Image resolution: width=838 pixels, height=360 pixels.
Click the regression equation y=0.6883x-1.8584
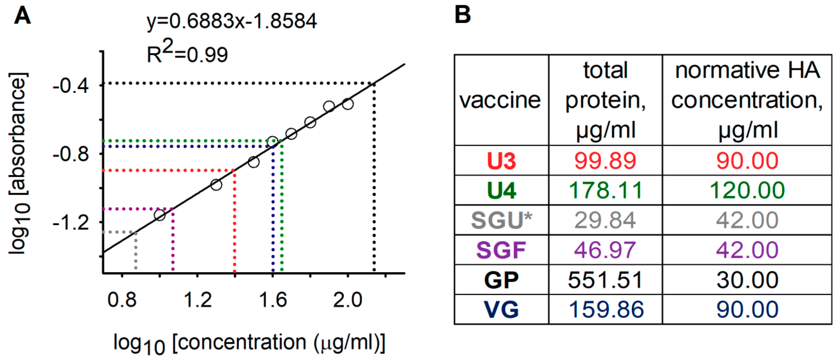232,21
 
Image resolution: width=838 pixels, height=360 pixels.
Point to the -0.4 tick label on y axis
71,86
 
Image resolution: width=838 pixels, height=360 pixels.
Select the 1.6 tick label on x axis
273,300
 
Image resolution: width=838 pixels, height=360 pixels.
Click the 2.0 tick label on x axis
348,300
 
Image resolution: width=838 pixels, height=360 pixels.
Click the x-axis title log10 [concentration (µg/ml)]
249,344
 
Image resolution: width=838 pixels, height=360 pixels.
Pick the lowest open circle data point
160,215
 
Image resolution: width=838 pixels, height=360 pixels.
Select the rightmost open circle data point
348,104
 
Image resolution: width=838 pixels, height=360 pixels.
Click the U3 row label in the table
501,161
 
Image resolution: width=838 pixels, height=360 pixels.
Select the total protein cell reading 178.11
605,190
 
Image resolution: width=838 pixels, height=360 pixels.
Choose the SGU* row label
501,220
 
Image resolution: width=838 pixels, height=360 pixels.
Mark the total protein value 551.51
605,280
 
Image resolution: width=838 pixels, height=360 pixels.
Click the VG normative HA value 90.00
747,310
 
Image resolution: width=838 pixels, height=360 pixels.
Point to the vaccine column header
500,100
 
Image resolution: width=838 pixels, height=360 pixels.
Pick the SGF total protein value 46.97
605,250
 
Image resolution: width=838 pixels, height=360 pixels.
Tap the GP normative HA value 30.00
747,280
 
